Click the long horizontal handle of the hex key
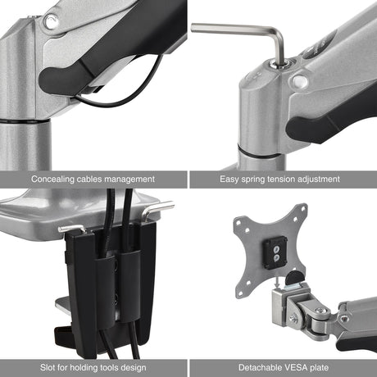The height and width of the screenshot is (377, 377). [x=234, y=29]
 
